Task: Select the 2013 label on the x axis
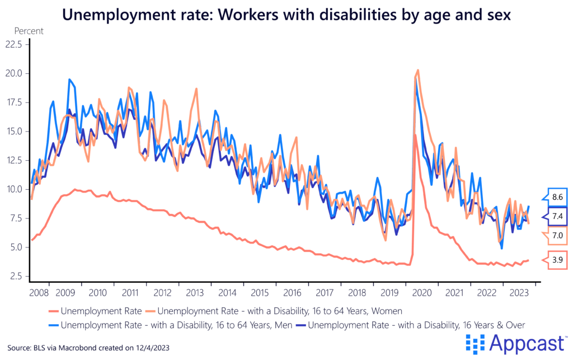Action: [195, 293]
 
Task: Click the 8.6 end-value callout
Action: [556, 197]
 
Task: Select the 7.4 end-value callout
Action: [556, 216]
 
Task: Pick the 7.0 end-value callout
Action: [556, 235]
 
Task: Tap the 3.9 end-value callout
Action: [556, 260]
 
